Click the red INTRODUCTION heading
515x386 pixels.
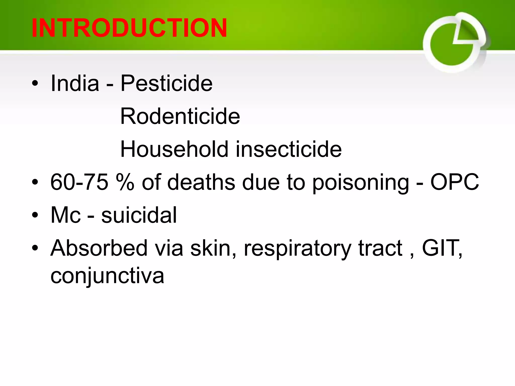(129, 28)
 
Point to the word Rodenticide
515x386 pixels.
(180, 116)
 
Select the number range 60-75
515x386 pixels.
(79, 182)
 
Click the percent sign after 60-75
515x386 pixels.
(125, 182)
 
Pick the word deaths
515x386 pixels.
(201, 182)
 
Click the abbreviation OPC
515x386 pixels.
(455, 182)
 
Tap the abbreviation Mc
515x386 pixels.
(66, 215)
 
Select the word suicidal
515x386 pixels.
(139, 215)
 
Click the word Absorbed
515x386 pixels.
(99, 248)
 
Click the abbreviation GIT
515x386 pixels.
(441, 248)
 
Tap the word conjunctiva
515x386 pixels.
(107, 276)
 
